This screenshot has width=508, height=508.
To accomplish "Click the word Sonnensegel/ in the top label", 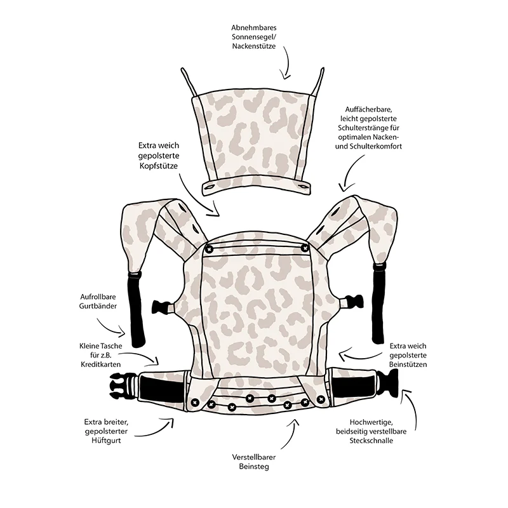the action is pyautogui.click(x=253, y=37).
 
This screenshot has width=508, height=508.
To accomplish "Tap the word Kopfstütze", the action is pyautogui.click(x=159, y=166).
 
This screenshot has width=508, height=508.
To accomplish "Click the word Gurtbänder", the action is pyautogui.click(x=98, y=306).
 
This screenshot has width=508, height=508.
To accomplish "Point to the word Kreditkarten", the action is pyautogui.click(x=101, y=364).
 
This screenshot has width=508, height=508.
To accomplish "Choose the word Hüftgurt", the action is pyautogui.click(x=106, y=441).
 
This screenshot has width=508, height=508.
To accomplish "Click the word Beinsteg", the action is pyautogui.click(x=254, y=467).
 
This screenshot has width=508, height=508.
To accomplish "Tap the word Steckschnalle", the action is pyautogui.click(x=371, y=441).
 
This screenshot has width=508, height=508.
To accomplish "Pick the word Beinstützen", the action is pyautogui.click(x=408, y=364).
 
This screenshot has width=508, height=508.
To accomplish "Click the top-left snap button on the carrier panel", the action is pyautogui.click(x=209, y=249).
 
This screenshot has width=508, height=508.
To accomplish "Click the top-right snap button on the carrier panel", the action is pyautogui.click(x=305, y=248).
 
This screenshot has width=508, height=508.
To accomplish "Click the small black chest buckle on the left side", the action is pyautogui.click(x=162, y=307).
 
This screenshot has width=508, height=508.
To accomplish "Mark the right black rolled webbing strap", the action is pyautogui.click(x=378, y=303).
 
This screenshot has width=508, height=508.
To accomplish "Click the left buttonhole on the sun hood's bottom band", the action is pyautogui.click(x=210, y=187).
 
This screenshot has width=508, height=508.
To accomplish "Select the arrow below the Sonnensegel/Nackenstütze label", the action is pyautogui.click(x=288, y=63).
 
